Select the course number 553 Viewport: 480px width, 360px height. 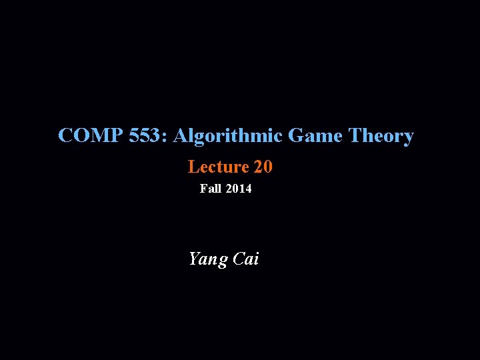pos(146,136)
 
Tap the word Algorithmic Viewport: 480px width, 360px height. pos(229,136)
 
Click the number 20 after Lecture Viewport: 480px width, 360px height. pos(263,167)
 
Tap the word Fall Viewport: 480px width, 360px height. pos(211,189)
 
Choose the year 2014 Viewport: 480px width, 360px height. pos(239,189)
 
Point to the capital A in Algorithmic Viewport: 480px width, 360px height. pos(181,136)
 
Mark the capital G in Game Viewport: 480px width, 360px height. pos(297,136)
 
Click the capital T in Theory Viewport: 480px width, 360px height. pos(355,136)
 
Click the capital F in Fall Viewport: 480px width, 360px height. pos(203,189)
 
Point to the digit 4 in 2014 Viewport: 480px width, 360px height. pos(248,189)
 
